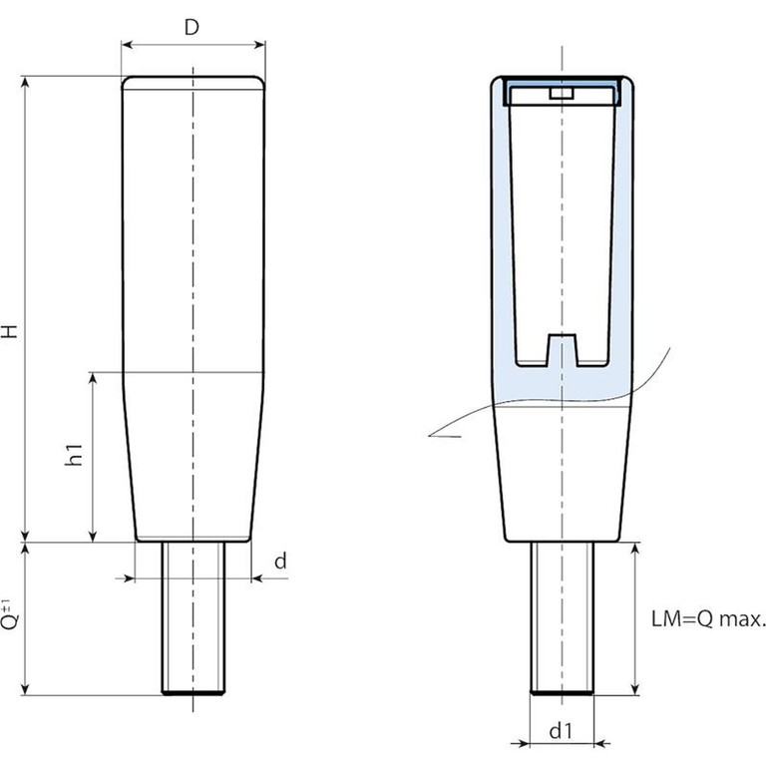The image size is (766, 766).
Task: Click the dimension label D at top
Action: click(x=192, y=27)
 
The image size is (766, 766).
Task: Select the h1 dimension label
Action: click(x=73, y=457)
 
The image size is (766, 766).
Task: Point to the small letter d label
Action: click(x=280, y=562)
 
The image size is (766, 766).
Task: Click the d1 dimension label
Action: click(x=561, y=731)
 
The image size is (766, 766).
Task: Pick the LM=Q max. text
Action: click(x=708, y=619)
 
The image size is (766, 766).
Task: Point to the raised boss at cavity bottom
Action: click(x=564, y=347)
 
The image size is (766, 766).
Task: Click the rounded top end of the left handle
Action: click(x=192, y=83)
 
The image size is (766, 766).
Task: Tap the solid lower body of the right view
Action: click(x=563, y=469)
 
